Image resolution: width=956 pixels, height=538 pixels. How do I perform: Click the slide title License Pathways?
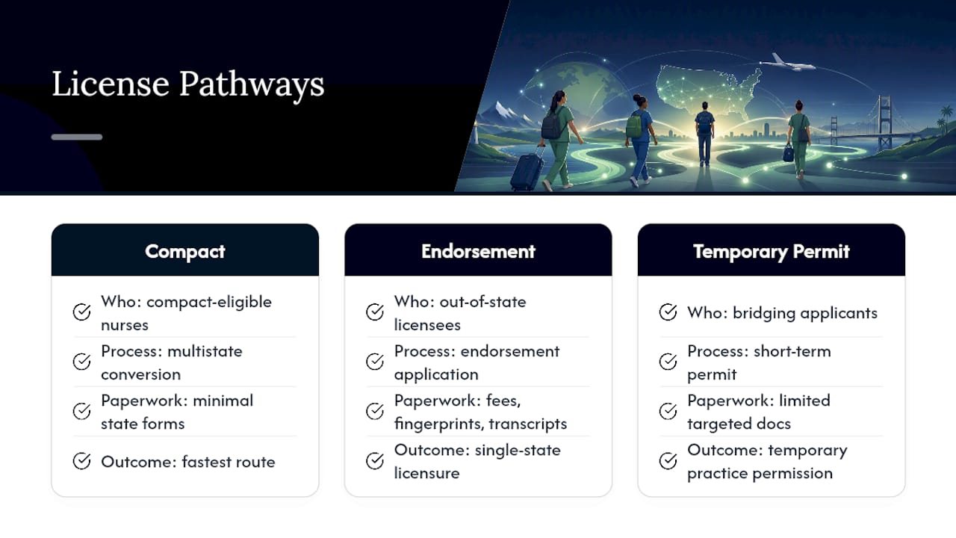[187, 84]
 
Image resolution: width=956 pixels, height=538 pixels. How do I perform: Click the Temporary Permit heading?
[772, 252]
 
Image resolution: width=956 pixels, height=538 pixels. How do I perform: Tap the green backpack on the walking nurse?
[634, 126]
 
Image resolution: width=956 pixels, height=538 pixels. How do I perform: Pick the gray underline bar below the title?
[77, 137]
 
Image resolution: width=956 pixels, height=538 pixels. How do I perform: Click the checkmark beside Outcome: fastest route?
[81, 461]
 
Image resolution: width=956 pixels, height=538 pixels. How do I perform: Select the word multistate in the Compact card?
[205, 351]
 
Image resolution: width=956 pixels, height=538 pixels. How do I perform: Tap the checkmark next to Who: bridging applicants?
[668, 312]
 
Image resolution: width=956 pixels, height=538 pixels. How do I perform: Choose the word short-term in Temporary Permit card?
[792, 351]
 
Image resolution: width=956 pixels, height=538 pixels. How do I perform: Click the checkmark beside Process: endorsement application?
[375, 362]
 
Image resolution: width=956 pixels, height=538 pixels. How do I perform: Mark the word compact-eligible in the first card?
[208, 303]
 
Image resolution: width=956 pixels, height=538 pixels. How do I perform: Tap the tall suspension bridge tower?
[884, 121]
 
